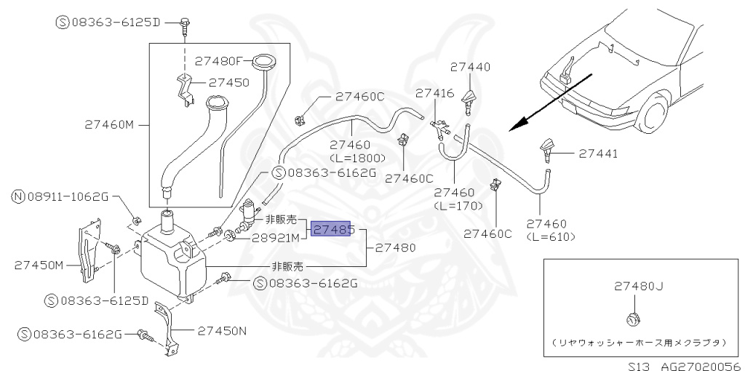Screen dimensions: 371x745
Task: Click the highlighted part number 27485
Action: point(332,230)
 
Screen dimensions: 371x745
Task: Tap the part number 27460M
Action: point(108,124)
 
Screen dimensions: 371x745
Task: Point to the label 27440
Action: point(470,67)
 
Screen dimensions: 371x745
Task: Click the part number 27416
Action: point(434,93)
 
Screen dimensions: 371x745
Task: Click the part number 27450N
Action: point(220,331)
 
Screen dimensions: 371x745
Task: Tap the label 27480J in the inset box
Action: point(638,286)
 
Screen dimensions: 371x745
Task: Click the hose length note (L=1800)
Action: point(351,157)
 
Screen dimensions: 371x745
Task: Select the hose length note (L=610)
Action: point(551,236)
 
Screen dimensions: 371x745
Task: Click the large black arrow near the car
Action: point(542,108)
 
